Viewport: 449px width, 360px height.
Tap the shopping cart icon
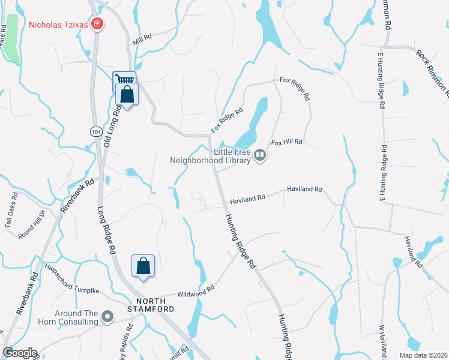(124, 80)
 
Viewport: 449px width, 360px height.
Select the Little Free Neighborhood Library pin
(260, 155)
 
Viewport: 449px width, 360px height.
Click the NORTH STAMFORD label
(154, 304)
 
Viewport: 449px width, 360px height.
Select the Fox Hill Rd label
(286, 143)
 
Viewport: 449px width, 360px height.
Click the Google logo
(19, 353)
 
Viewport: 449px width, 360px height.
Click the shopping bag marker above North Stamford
(143, 265)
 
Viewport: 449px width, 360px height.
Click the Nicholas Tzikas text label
(58, 25)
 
